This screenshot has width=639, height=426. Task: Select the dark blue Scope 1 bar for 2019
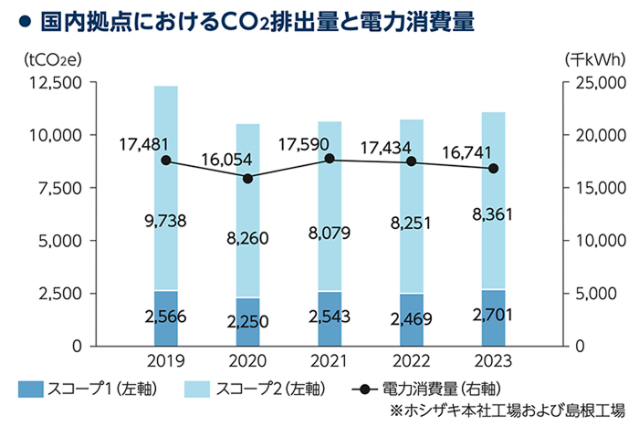[x=165, y=318]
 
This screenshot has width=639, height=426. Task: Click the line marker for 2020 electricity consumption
[x=247, y=178]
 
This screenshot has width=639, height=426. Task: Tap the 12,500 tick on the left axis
[x=57, y=83]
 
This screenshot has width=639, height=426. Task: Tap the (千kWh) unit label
[x=594, y=59]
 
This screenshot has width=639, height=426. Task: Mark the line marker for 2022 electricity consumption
[x=411, y=161]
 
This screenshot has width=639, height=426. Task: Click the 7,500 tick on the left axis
[x=62, y=188]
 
